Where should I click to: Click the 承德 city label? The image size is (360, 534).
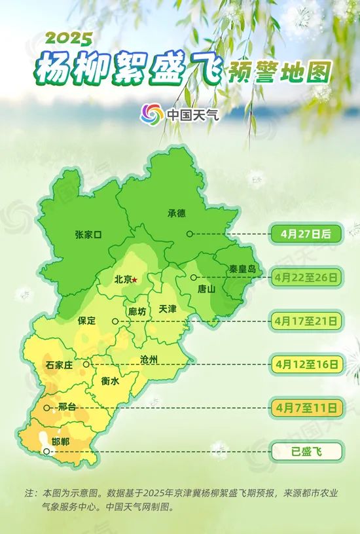click(x=177, y=213)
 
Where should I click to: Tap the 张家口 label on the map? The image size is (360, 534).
click(x=89, y=234)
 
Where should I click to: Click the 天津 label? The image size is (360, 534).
click(x=168, y=309)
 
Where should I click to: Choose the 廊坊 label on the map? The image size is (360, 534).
click(x=137, y=311)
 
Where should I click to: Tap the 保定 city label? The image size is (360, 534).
click(x=87, y=321)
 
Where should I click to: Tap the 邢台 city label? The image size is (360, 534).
click(x=67, y=407)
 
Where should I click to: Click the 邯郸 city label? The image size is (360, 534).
click(x=60, y=442)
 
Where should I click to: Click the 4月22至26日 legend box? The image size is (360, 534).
click(x=306, y=277)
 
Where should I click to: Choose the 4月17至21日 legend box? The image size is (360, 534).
click(x=306, y=321)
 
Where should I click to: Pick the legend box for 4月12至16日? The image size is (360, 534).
click(x=306, y=364)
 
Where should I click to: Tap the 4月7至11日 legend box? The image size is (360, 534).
click(x=306, y=408)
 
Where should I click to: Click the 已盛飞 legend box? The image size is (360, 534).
click(x=306, y=451)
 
